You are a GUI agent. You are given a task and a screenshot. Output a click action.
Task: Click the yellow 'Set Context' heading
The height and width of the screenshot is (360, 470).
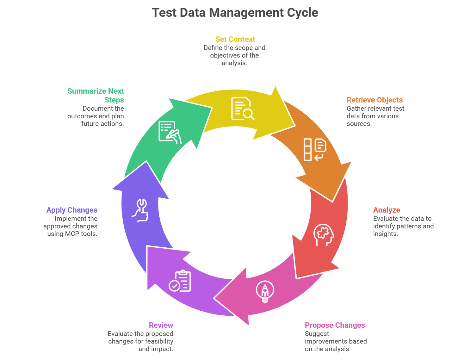click(235, 39)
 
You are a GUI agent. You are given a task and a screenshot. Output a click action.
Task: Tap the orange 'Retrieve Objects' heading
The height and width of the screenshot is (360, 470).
click(375, 100)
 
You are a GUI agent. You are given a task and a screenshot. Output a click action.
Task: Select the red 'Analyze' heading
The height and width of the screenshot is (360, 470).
click(387, 210)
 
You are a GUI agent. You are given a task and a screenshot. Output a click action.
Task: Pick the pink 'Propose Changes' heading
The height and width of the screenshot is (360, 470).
click(335, 325)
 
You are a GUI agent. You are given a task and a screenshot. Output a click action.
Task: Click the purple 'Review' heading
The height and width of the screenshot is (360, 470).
click(161, 325)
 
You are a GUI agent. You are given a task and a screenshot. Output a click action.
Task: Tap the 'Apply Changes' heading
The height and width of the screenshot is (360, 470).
click(72, 210)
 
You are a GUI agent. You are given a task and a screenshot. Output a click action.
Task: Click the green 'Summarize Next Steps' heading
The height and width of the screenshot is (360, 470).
click(95, 95)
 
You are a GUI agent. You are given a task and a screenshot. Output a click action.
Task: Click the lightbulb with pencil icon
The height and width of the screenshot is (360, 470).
click(265, 291)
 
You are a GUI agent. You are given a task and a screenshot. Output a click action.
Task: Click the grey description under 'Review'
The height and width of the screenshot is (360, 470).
click(140, 341)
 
